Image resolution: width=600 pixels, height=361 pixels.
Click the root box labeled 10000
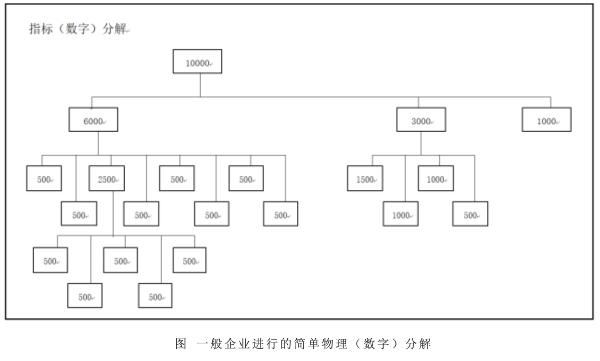point(197,61)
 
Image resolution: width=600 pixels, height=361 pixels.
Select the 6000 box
point(93,120)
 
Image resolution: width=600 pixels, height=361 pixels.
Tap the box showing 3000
point(421,120)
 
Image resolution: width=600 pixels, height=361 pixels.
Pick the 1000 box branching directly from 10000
point(546,120)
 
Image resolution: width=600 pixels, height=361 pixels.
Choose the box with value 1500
point(365,179)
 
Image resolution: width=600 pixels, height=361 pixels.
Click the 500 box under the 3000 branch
point(470,214)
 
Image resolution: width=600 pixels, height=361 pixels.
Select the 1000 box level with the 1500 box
point(435,179)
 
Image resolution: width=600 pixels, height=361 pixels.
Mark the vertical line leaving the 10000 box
point(200,85)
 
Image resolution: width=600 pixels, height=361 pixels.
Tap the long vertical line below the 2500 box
point(113,213)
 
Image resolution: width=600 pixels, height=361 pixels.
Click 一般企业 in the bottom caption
point(218,344)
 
